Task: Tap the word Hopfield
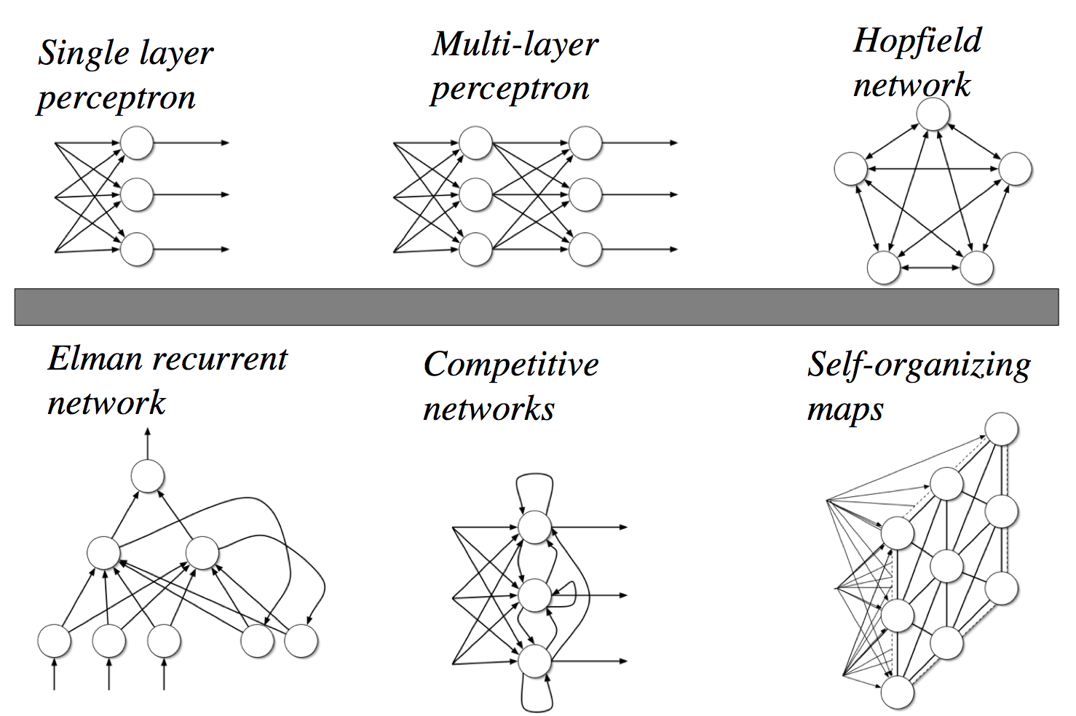click(x=917, y=41)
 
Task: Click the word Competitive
click(x=510, y=365)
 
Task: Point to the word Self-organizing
click(x=918, y=365)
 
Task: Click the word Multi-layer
click(x=515, y=44)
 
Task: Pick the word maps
click(x=844, y=409)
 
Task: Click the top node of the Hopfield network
click(x=933, y=115)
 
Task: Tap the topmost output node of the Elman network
click(x=147, y=477)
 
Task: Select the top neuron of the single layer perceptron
click(x=136, y=143)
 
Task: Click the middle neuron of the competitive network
click(x=535, y=595)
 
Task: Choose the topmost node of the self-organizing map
click(x=1001, y=429)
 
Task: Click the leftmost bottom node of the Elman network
click(x=54, y=641)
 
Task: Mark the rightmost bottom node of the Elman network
click(x=301, y=641)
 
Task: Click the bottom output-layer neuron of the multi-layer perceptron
click(x=585, y=250)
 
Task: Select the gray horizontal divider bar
click(x=537, y=306)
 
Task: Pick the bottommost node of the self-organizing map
click(x=897, y=692)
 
